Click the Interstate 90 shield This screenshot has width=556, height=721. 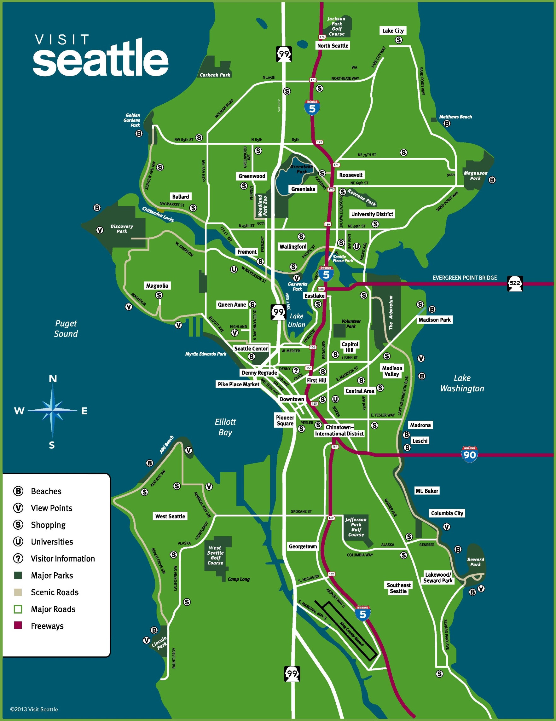pyautogui.click(x=470, y=454)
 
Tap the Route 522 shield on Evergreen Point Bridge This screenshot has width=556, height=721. pyautogui.click(x=515, y=283)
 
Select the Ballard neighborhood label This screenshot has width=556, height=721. pyautogui.click(x=180, y=196)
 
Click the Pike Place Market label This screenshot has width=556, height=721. pyautogui.click(x=238, y=384)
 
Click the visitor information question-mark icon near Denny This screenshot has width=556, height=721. pyautogui.click(x=296, y=370)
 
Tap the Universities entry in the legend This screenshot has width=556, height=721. pyautogui.click(x=52, y=541)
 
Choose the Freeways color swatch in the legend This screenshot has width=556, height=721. pyautogui.click(x=18, y=625)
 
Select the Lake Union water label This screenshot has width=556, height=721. pyautogui.click(x=296, y=320)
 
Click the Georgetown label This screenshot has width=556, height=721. pyautogui.click(x=303, y=546)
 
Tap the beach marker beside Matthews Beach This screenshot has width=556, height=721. pyautogui.click(x=447, y=124)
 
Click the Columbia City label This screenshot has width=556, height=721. pyautogui.click(x=447, y=513)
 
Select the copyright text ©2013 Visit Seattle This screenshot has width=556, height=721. pyautogui.click(x=34, y=709)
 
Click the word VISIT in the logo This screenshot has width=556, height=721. pyautogui.click(x=62, y=40)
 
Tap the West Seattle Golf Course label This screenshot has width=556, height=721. pyautogui.click(x=215, y=555)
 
